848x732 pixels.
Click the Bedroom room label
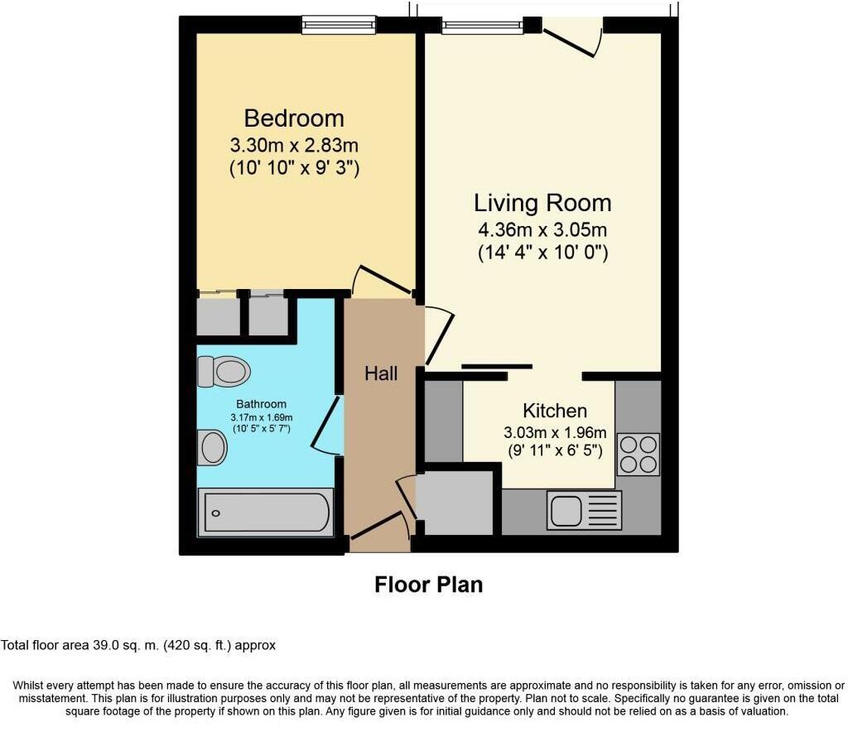294,118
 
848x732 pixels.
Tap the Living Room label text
542,203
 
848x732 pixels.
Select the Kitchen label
555,411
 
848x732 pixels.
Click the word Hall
381,373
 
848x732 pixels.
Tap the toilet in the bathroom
224,372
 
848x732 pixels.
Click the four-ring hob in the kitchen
638,455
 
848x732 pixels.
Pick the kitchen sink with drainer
584,509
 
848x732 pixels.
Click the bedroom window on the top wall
339,26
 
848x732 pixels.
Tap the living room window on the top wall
482,26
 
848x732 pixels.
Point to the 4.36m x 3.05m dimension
542,230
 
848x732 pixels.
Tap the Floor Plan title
428,585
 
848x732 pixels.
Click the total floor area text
138,645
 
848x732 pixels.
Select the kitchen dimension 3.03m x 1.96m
555,432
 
